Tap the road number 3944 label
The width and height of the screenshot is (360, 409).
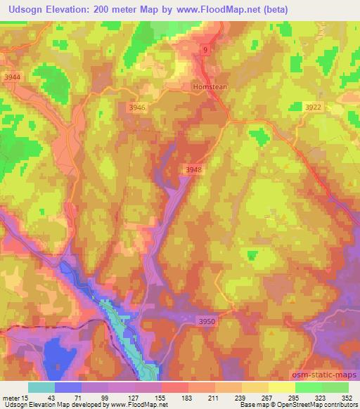13,77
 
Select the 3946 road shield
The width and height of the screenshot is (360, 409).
138,107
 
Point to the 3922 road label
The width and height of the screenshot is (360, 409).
314,107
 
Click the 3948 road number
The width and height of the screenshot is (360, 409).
194,169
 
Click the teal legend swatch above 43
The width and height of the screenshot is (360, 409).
41,387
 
